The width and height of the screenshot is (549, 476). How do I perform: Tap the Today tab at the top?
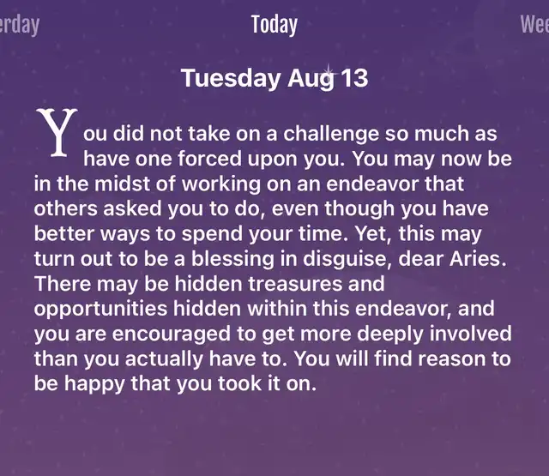tap(274, 25)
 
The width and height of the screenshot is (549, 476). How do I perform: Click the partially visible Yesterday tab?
tap(19, 25)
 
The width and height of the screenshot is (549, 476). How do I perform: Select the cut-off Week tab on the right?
tap(534, 24)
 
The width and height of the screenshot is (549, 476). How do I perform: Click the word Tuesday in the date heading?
tap(231, 78)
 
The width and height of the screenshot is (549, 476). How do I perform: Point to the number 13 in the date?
tap(354, 78)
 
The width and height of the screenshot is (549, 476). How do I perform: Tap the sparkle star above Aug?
tap(329, 73)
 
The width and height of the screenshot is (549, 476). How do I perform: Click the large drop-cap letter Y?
tap(57, 132)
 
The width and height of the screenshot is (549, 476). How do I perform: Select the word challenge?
tap(331, 134)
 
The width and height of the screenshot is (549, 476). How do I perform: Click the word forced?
tap(209, 159)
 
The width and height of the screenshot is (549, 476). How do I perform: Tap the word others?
tap(66, 208)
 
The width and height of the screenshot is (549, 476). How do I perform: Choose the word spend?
tap(212, 234)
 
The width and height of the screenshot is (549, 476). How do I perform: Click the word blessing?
tap(232, 259)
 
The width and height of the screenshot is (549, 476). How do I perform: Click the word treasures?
tap(295, 284)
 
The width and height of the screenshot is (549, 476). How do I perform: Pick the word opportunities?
tap(101, 310)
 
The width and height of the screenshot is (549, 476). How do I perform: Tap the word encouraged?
tap(172, 334)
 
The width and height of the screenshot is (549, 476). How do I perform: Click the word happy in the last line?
tap(94, 384)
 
